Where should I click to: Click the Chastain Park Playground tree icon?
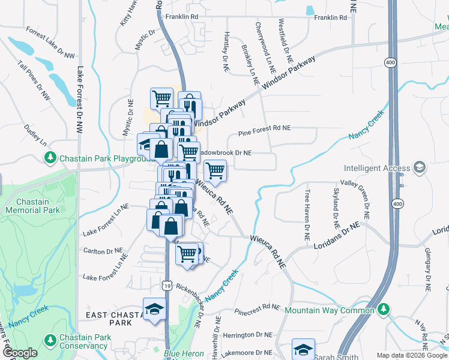tap(50, 158)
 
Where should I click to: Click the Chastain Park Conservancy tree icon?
tap(50, 340)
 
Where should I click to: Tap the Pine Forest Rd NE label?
tap(264, 128)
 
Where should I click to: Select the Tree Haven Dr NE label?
tap(307, 215)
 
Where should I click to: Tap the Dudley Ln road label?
tap(35, 135)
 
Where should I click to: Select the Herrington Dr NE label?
tap(247, 334)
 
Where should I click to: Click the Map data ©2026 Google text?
tap(411, 355)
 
